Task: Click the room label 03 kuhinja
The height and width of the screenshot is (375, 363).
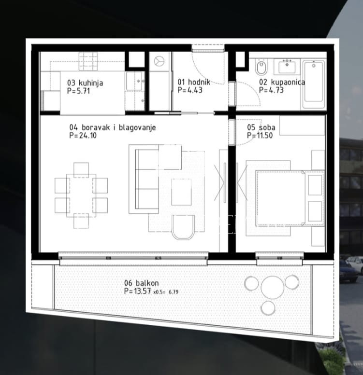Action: pyautogui.click(x=85, y=83)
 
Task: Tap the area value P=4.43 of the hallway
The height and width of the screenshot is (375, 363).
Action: pyautogui.click(x=190, y=90)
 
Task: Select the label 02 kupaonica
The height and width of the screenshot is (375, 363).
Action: pyautogui.click(x=282, y=82)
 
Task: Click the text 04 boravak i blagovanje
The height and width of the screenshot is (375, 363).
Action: pyautogui.click(x=113, y=127)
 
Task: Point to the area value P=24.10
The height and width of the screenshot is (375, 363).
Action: pyautogui.click(x=83, y=136)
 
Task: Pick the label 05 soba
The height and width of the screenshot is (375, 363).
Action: pyautogui.click(x=261, y=127)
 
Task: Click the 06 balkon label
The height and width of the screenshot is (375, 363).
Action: pyautogui.click(x=141, y=283)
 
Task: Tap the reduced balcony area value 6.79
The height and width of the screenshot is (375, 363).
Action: pyautogui.click(x=174, y=292)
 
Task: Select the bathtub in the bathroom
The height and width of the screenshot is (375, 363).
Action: pyautogui.click(x=314, y=84)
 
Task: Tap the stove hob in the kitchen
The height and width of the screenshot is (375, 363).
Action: pyautogui.click(x=88, y=61)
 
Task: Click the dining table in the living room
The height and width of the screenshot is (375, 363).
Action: pyautogui.click(x=81, y=195)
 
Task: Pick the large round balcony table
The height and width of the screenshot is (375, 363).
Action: pyautogui.click(x=272, y=287)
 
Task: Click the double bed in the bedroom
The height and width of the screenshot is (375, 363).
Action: pyautogui.click(x=290, y=198)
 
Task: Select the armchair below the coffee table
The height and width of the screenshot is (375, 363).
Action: pyautogui.click(x=183, y=227)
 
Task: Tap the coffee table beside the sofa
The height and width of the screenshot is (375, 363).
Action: pyautogui.click(x=182, y=192)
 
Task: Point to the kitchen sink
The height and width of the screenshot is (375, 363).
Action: pyautogui.click(x=134, y=81)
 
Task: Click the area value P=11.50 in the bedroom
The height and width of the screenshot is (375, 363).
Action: pyautogui.click(x=260, y=136)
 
